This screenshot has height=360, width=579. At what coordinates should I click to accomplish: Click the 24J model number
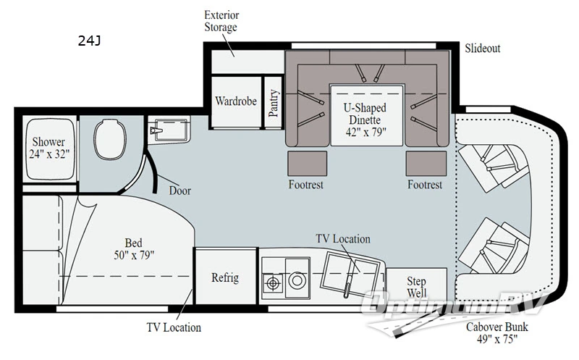coord(89,41)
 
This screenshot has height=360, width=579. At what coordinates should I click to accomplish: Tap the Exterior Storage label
coord(221,21)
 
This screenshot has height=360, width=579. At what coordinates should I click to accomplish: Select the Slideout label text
coord(482,49)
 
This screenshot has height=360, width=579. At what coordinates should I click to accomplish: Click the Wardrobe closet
coord(236,101)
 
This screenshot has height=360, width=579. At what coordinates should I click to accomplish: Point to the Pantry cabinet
coord(274,104)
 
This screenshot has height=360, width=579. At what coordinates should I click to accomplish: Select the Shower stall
coord(47,148)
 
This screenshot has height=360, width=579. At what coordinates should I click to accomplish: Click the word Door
coord(179,191)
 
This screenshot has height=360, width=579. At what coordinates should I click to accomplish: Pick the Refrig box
coord(225,278)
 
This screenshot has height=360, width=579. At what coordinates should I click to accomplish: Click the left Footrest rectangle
coord(303,162)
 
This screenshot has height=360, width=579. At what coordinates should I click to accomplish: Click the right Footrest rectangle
coord(425,162)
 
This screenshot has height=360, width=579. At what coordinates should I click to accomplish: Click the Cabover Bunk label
coord(495,332)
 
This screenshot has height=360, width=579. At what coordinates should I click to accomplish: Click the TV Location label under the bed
coord(173,327)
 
